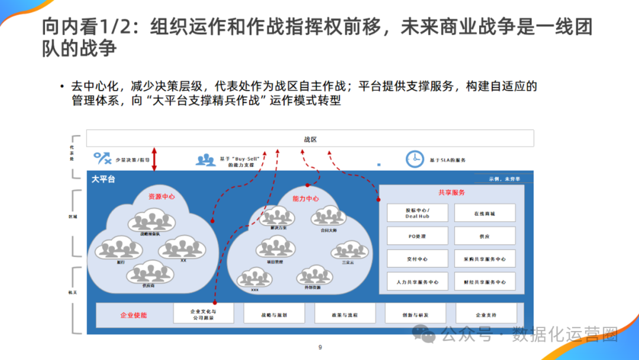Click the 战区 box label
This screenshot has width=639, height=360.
310,139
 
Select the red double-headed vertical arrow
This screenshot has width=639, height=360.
154,159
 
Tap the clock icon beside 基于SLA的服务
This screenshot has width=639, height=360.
415,159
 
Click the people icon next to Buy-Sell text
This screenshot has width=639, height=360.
206,159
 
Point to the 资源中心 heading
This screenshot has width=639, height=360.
162,197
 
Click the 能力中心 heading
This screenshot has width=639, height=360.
305,198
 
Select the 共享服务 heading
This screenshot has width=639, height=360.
451,192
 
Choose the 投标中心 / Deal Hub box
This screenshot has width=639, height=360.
417,213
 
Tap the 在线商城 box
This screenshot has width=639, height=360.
485,213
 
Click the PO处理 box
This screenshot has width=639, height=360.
417,236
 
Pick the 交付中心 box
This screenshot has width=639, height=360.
417,259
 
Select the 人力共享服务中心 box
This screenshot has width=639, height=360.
417,282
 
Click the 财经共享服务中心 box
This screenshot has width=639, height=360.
485,282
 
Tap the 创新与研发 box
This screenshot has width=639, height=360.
415,315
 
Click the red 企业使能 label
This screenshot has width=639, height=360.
133,315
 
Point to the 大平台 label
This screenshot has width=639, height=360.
103,179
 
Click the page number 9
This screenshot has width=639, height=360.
320,348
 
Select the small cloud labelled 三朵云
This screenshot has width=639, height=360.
348,252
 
